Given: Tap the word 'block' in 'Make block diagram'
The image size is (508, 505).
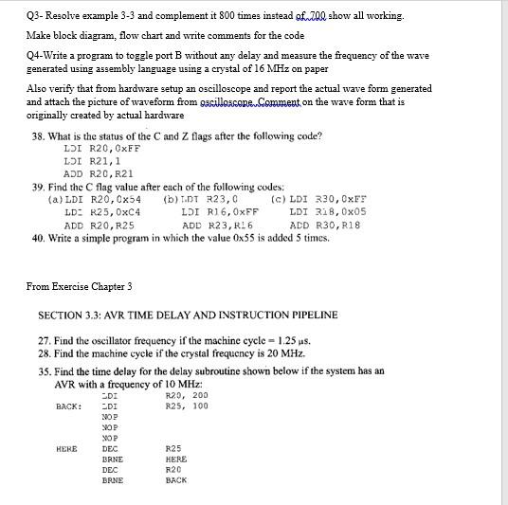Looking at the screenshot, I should click(x=70, y=35).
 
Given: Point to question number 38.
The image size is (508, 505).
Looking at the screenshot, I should click(x=39, y=135).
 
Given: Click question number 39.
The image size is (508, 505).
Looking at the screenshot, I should click(x=39, y=187).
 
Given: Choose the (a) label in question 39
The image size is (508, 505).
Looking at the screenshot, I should click(x=55, y=200).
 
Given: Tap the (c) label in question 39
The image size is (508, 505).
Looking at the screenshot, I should click(x=279, y=200).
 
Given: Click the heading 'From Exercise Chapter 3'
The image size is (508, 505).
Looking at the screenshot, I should click(x=80, y=285).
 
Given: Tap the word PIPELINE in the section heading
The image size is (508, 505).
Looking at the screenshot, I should click(x=302, y=315).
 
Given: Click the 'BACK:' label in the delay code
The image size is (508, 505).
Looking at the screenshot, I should click(x=68, y=406).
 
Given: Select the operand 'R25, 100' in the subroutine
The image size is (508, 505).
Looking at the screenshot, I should click(x=187, y=406).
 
